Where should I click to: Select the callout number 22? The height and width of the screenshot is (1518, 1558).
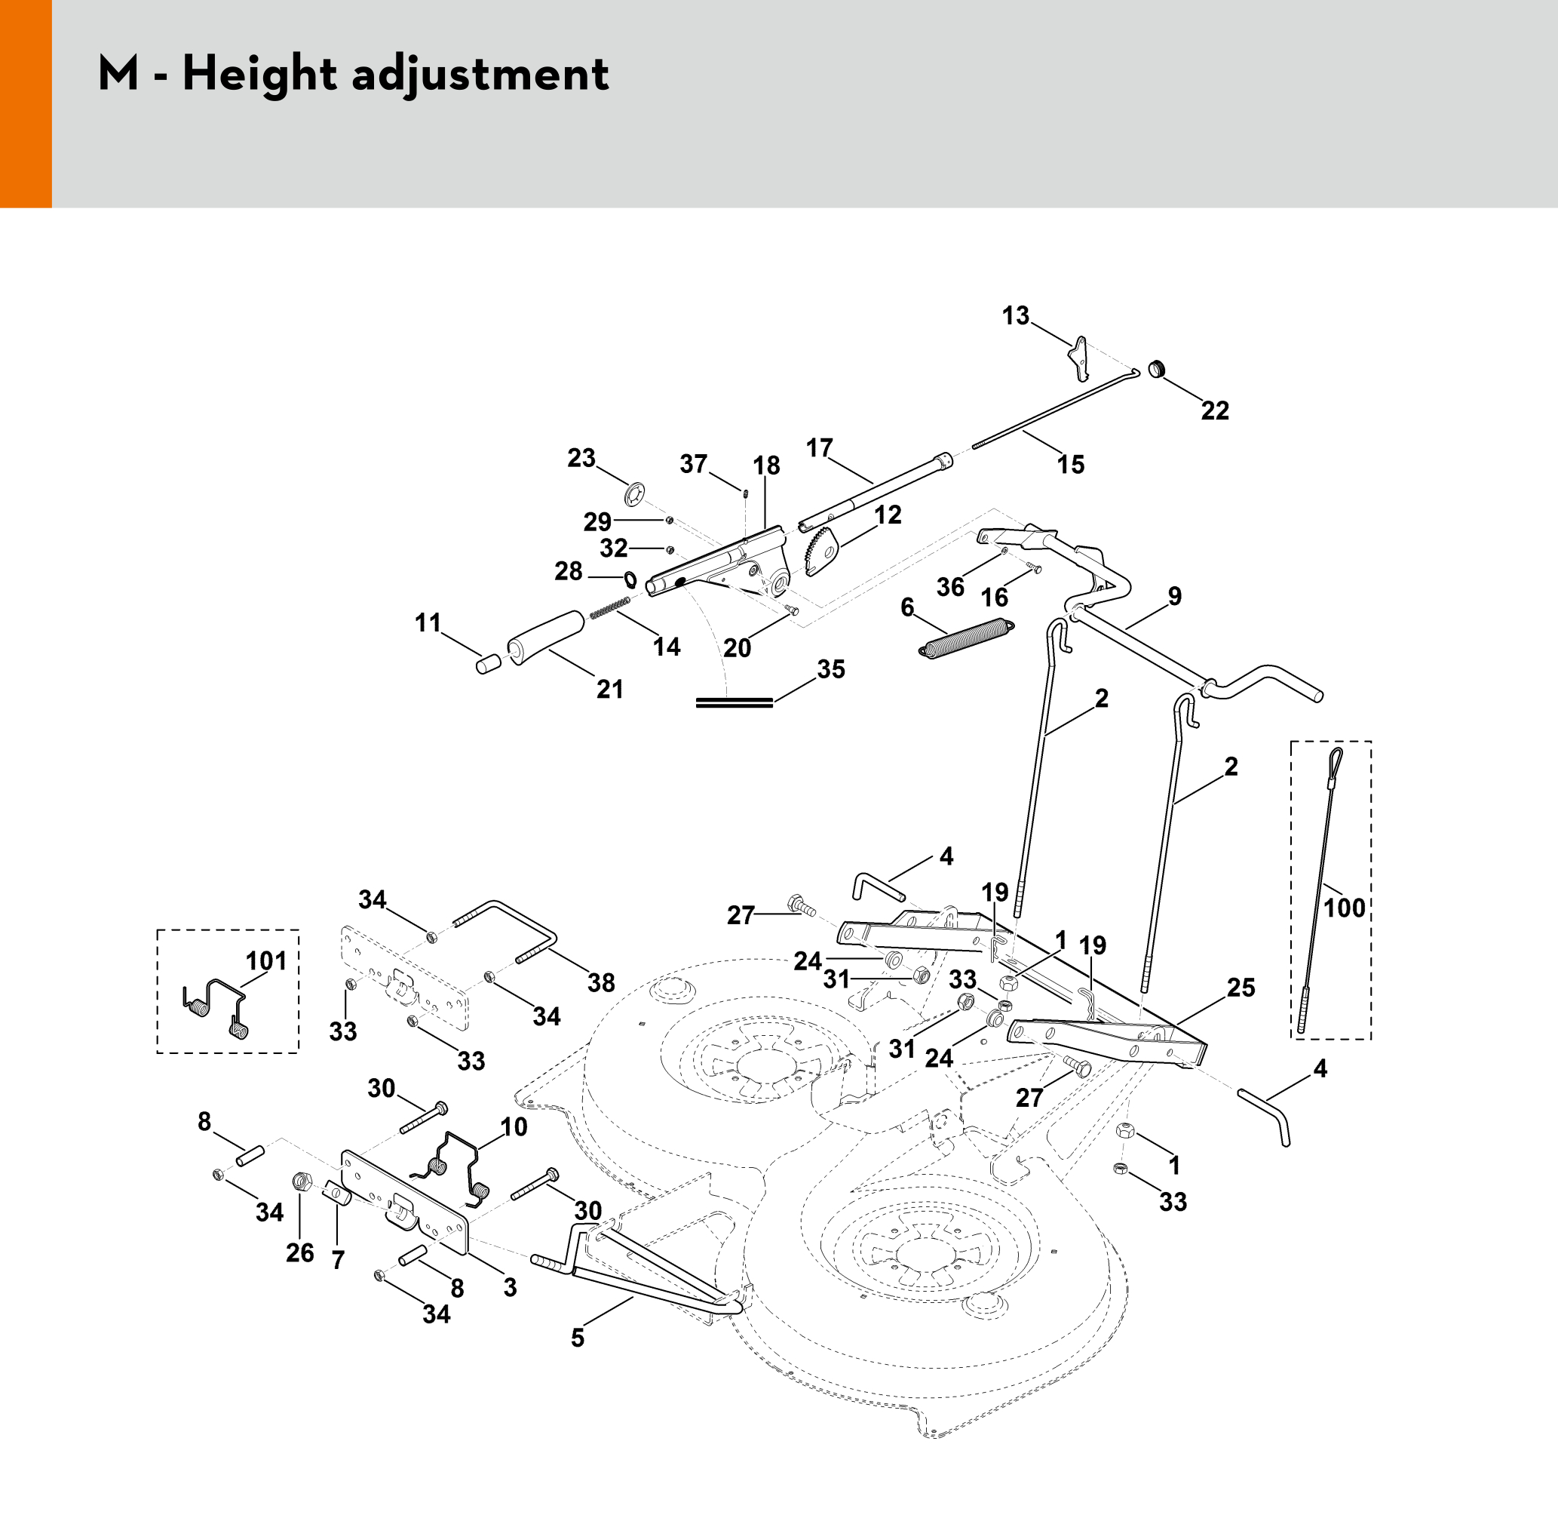point(1215,410)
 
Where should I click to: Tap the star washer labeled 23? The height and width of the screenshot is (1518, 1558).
point(635,494)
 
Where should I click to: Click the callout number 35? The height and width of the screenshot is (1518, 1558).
point(830,670)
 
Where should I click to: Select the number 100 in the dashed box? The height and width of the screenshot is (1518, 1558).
point(1345,908)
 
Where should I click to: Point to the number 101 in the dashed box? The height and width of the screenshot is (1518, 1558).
point(266,960)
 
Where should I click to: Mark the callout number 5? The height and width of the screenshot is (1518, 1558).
point(578,1338)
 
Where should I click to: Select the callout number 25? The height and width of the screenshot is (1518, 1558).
point(1241,988)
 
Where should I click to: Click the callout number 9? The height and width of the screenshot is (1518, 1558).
point(1175,596)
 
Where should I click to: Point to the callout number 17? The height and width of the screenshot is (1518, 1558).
point(819,448)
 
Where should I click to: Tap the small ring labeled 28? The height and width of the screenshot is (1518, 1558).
point(630,578)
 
